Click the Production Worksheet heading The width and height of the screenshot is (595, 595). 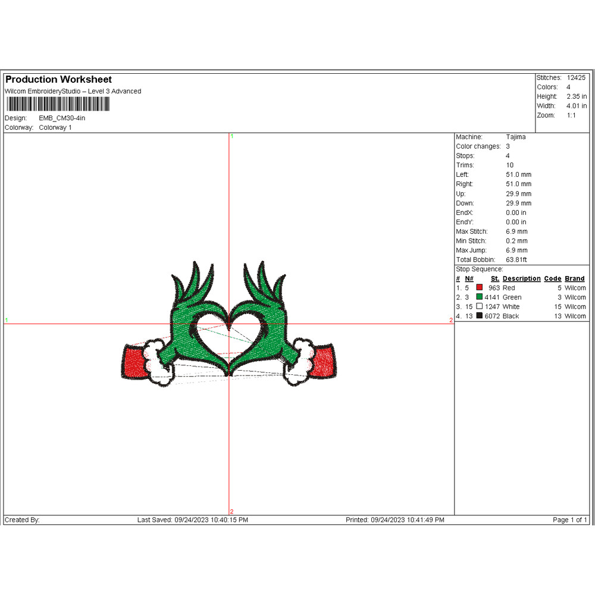[58, 80]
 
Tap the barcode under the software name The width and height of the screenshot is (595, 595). [57, 104]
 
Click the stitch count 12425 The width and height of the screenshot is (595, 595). [576, 78]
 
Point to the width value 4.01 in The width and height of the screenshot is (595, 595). [577, 106]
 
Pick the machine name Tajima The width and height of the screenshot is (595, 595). [516, 137]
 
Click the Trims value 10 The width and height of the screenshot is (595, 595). [510, 165]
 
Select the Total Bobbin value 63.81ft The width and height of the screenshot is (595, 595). [516, 260]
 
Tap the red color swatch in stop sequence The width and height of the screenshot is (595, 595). [480, 288]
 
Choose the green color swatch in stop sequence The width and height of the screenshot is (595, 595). [480, 297]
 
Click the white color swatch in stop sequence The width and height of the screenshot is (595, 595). [480, 307]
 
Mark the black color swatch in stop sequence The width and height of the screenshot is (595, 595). [480, 317]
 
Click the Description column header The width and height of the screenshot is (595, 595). [521, 278]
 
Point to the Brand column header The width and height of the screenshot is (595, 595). [575, 278]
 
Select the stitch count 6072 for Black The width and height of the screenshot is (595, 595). [492, 317]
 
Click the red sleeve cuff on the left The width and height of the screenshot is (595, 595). [133, 362]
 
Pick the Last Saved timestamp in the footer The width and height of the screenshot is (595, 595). [192, 520]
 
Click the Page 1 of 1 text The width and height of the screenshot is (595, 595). [570, 520]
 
